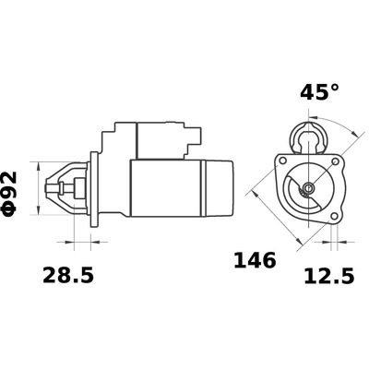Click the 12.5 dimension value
[328, 276]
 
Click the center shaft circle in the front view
[308, 191]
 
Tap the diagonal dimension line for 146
[277, 221]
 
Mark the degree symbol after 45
[333, 89]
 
